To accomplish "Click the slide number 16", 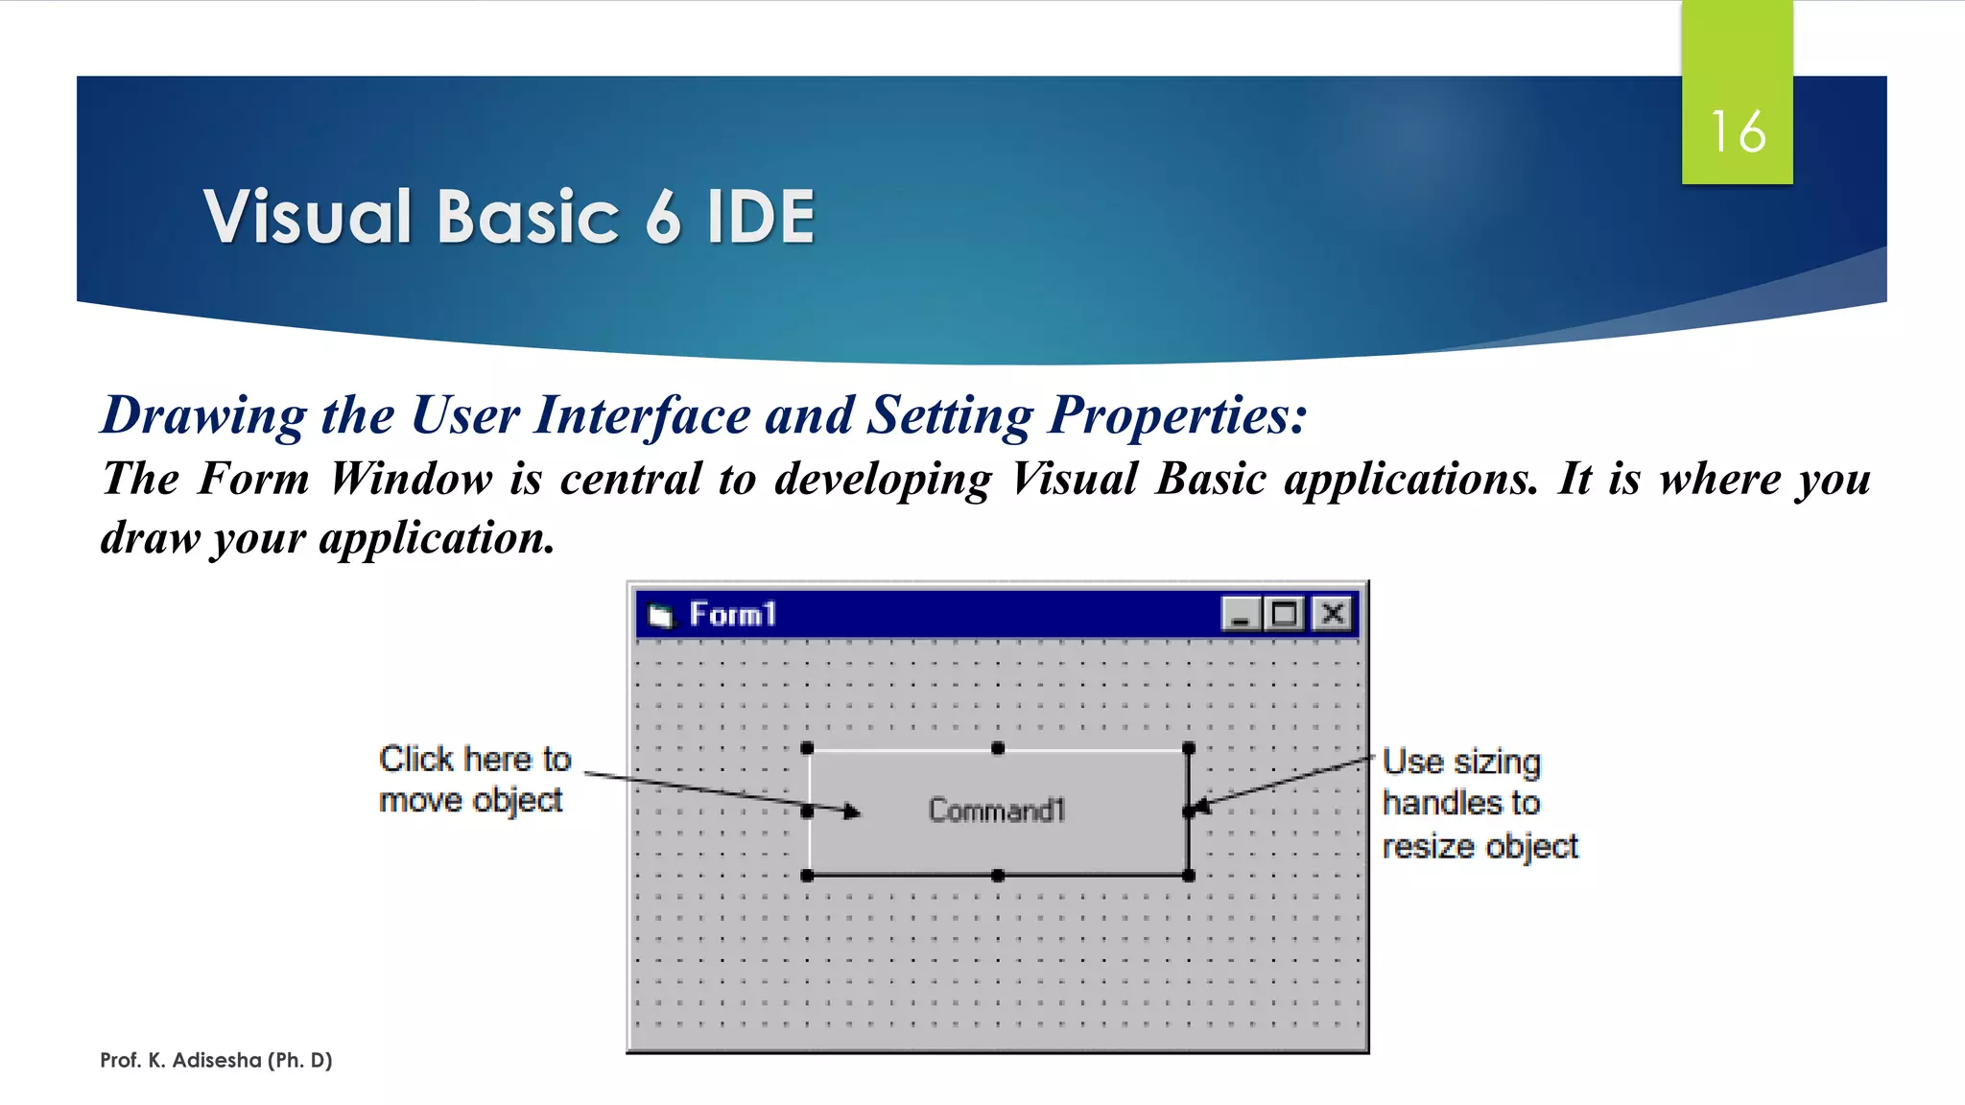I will point(1737,131).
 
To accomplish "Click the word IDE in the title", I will point(760,217).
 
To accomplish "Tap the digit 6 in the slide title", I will point(662,217).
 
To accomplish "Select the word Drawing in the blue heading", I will point(203,415).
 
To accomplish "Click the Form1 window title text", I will point(732,614).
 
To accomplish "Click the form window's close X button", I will point(1333,613).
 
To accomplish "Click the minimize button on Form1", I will point(1240,613).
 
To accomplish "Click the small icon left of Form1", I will point(660,615).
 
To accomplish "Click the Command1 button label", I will point(997,811).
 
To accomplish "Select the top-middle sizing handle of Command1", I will point(998,748).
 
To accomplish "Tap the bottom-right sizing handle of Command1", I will point(1189,875).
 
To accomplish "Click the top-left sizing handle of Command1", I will point(807,748).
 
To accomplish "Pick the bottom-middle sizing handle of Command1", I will point(998,875).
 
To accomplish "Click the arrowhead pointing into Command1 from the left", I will point(851,812).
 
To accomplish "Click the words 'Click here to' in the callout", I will point(475,759).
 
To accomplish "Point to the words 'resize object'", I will point(1479,846).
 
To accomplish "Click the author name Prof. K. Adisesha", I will point(216,1060).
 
